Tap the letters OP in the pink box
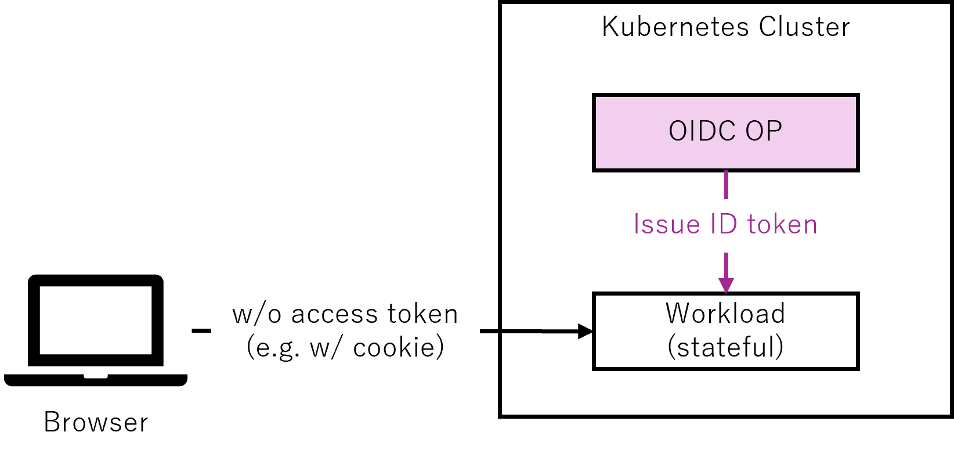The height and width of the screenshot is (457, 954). point(764,131)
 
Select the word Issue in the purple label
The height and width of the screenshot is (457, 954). point(667,225)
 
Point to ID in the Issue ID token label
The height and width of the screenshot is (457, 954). point(723,225)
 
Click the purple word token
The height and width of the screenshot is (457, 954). point(782,225)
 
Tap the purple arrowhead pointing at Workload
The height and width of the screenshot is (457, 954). point(726,285)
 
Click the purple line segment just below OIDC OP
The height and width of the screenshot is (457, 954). point(726,184)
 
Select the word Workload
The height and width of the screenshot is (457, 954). point(725,314)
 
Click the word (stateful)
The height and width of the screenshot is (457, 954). point(725,347)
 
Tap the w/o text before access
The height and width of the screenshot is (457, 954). point(256,314)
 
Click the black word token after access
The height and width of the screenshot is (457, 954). point(422,314)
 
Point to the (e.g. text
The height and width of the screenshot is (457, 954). point(273,348)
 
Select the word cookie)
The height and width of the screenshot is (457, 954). point(399,348)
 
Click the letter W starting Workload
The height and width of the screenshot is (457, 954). point(678,314)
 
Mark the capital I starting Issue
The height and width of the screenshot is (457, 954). point(637,225)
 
